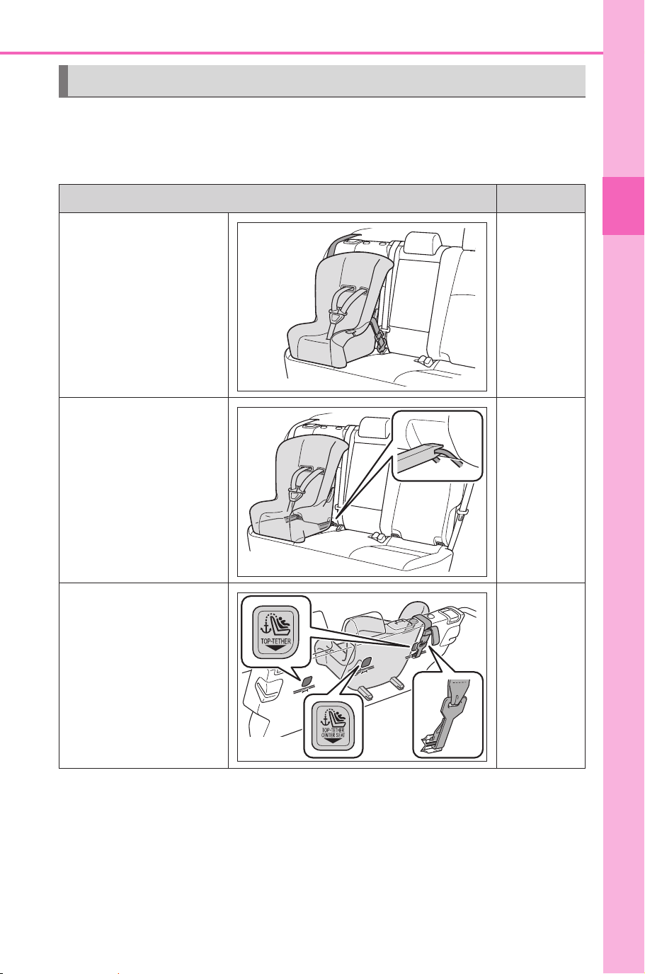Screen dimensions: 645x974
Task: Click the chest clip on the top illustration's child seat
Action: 335,316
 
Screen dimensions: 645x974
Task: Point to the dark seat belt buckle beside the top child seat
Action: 379,338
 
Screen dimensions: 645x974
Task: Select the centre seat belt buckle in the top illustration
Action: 423,360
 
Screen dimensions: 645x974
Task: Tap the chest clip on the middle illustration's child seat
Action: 296,494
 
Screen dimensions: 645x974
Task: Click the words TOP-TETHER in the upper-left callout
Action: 275,641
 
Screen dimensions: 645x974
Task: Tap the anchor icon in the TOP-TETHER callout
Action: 266,627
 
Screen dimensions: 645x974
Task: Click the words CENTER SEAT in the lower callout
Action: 333,735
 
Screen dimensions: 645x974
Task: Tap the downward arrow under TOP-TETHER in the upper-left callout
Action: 275,648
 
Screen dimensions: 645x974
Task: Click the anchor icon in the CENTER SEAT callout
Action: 324,718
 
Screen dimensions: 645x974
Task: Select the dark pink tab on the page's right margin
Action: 623,206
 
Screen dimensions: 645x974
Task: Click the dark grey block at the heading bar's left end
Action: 64,81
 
